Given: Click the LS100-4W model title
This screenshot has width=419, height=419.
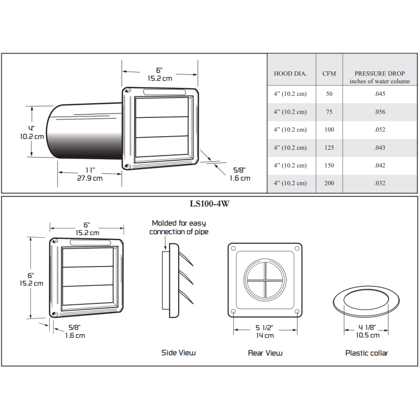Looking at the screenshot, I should tap(210, 204).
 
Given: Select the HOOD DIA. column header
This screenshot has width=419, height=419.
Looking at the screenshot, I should tap(290, 74).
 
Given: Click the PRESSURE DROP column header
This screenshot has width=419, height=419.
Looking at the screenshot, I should tap(380, 77).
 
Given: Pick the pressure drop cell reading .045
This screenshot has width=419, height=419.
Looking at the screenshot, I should tap(380, 94).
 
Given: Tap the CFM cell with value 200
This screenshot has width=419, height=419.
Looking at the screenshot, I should tap(329, 183).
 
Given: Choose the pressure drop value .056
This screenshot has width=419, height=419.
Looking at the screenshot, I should tap(380, 112).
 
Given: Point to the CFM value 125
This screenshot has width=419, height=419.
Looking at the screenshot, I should tap(329, 148).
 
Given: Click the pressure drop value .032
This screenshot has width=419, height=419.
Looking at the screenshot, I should tap(380, 183).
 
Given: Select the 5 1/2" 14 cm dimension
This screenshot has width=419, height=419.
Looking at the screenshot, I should tap(265, 332).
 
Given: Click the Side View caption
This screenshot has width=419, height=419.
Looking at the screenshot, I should tap(178, 353).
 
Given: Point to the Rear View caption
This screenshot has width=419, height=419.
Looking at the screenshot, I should tap(265, 353).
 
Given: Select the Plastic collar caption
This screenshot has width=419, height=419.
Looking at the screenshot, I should tap(367, 353).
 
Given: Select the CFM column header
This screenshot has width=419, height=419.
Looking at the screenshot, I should tap(329, 74).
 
